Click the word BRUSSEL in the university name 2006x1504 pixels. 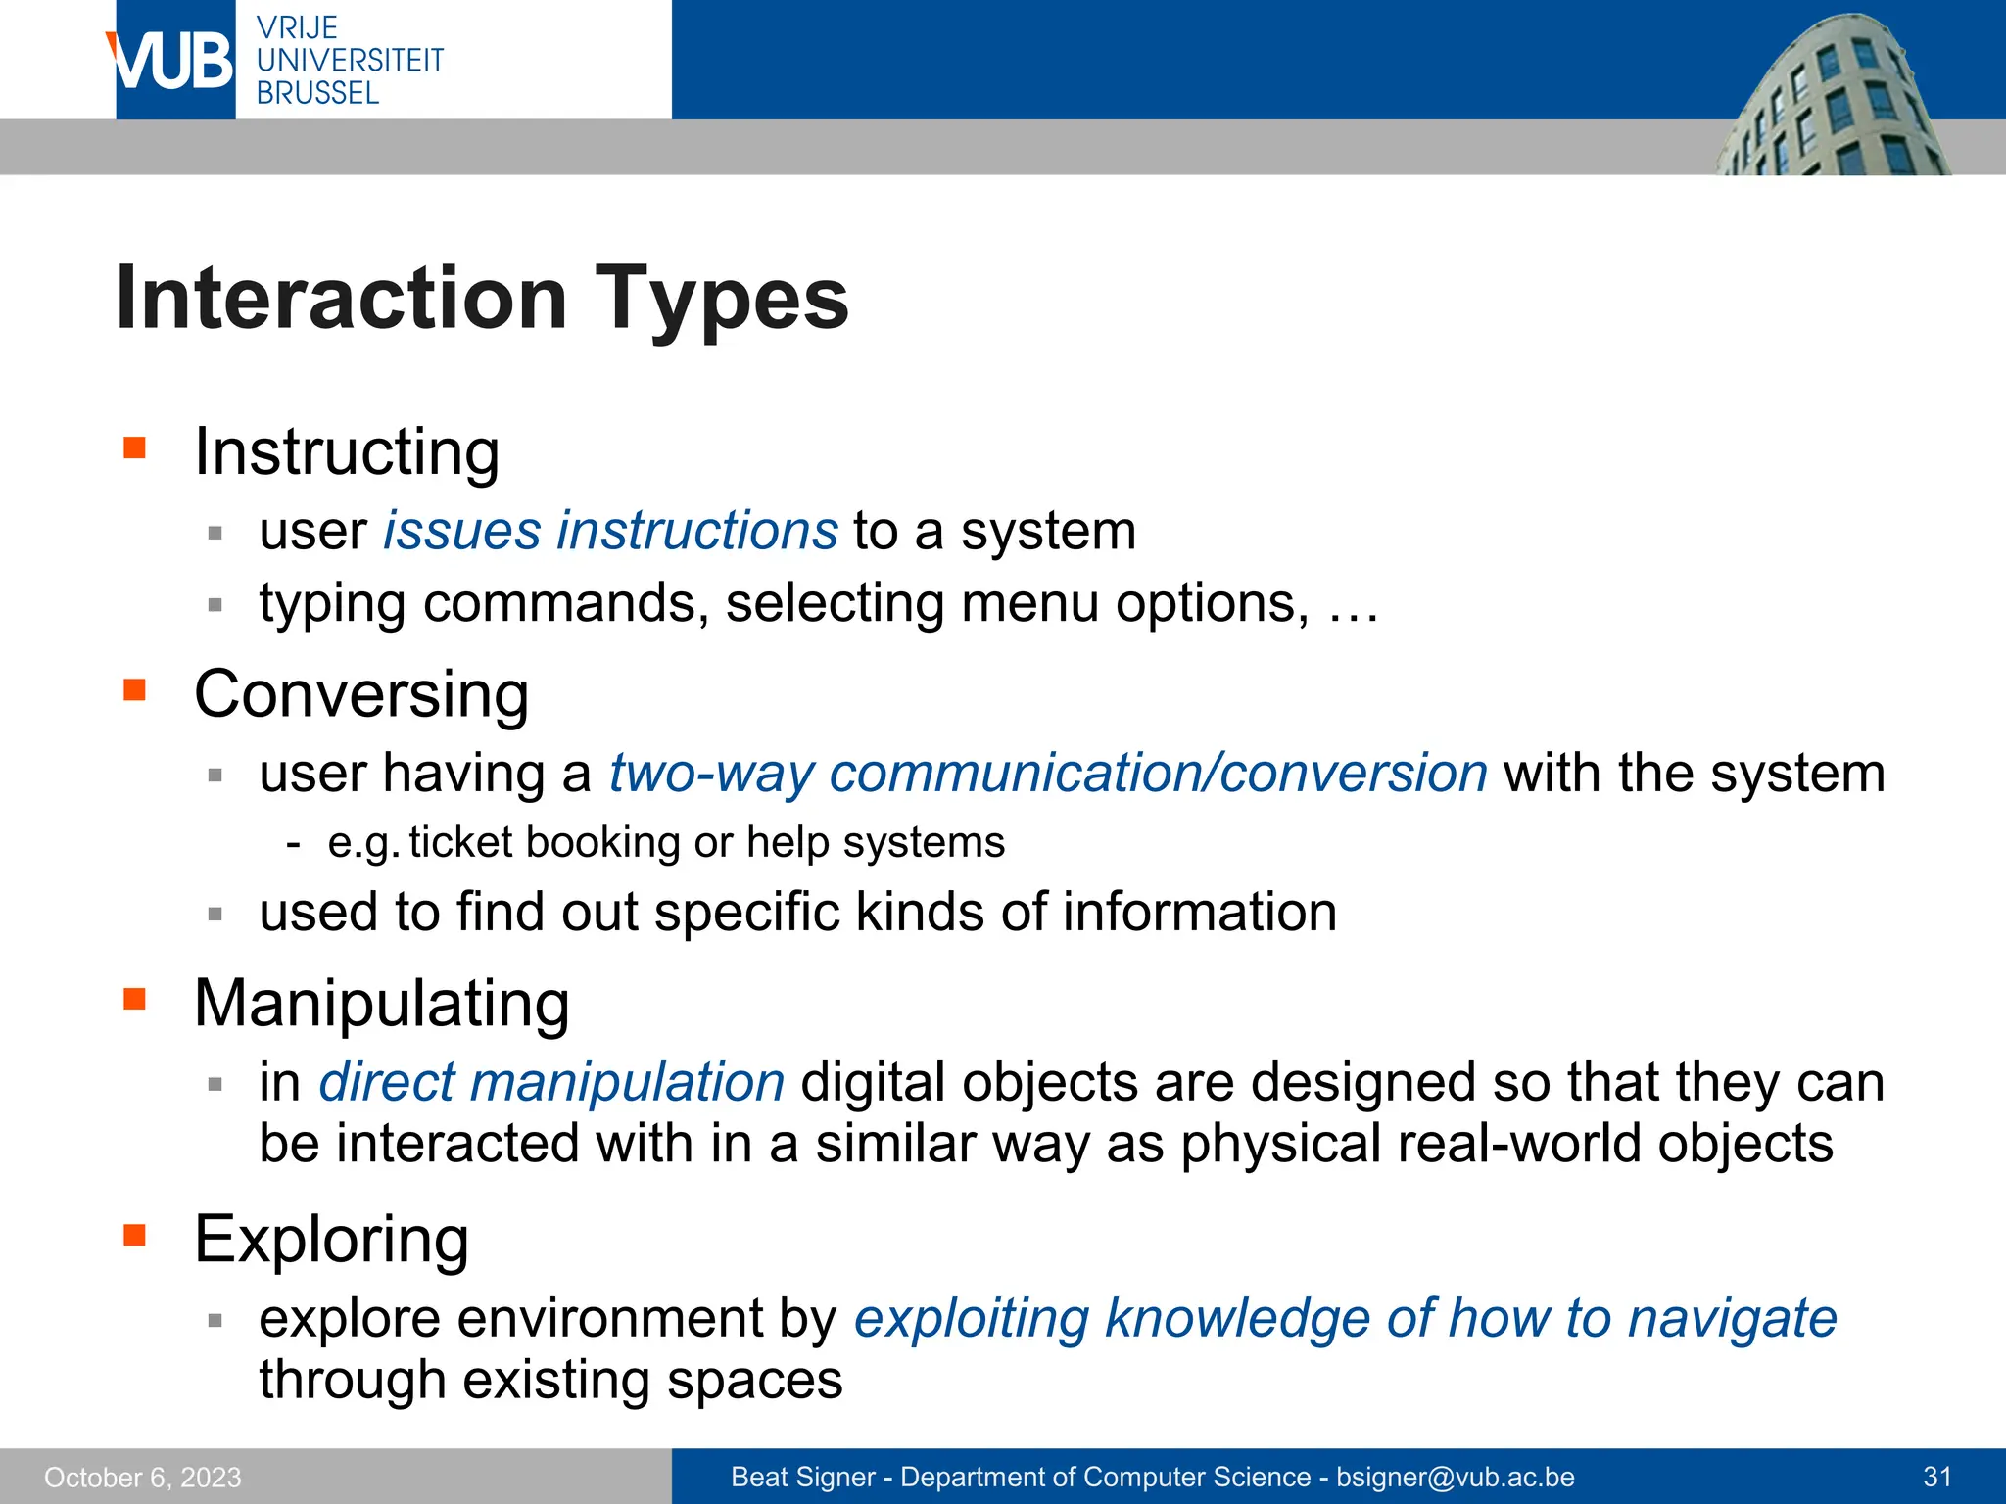[x=317, y=93]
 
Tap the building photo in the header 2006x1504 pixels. [x=1832, y=98]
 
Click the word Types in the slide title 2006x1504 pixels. [x=722, y=299]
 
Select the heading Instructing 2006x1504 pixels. [x=347, y=452]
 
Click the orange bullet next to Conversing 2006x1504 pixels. [x=134, y=691]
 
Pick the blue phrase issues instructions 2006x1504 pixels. [x=610, y=532]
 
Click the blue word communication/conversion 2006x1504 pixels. [x=1158, y=774]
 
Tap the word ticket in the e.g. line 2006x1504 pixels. [x=460, y=843]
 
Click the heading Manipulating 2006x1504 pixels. [x=382, y=1005]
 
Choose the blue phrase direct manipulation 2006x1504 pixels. [x=551, y=1083]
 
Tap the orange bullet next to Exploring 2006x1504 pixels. [x=134, y=1235]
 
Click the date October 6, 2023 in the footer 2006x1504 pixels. [x=143, y=1478]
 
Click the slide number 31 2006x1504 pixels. [x=1937, y=1478]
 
